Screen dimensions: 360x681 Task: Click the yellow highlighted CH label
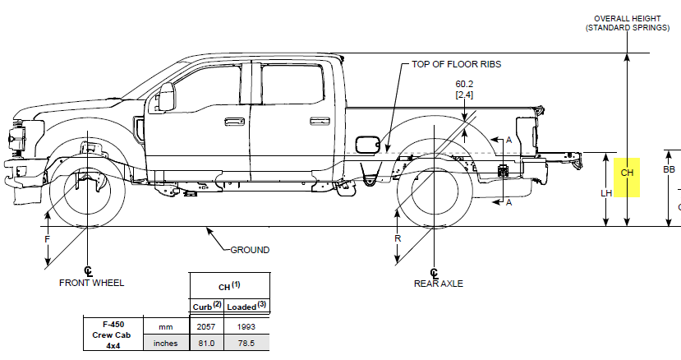tap(627, 173)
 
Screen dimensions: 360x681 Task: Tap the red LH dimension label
tap(606, 193)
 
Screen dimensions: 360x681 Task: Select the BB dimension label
tap(669, 170)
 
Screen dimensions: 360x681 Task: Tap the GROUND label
tap(249, 250)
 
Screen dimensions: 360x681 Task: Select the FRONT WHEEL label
tap(91, 283)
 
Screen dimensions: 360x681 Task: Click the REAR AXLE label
tap(438, 284)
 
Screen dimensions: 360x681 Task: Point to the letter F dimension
tap(48, 238)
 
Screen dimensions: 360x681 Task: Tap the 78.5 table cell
tap(246, 344)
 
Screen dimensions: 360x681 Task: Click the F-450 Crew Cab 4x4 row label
tap(108, 335)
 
